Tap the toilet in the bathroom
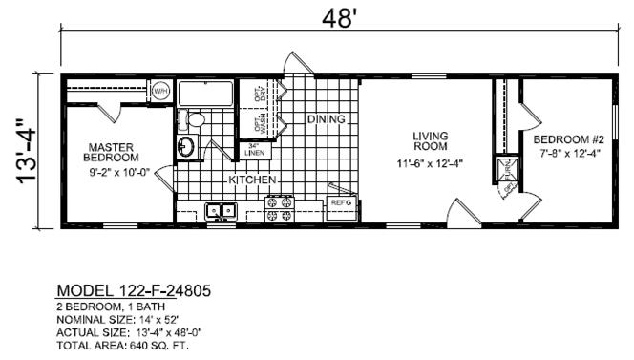195,119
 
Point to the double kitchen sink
222,212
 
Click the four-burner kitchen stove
279,209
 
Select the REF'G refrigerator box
340,203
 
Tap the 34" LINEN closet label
255,149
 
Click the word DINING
326,119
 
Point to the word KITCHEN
252,180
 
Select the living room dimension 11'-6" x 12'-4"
431,162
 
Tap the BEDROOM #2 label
566,138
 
